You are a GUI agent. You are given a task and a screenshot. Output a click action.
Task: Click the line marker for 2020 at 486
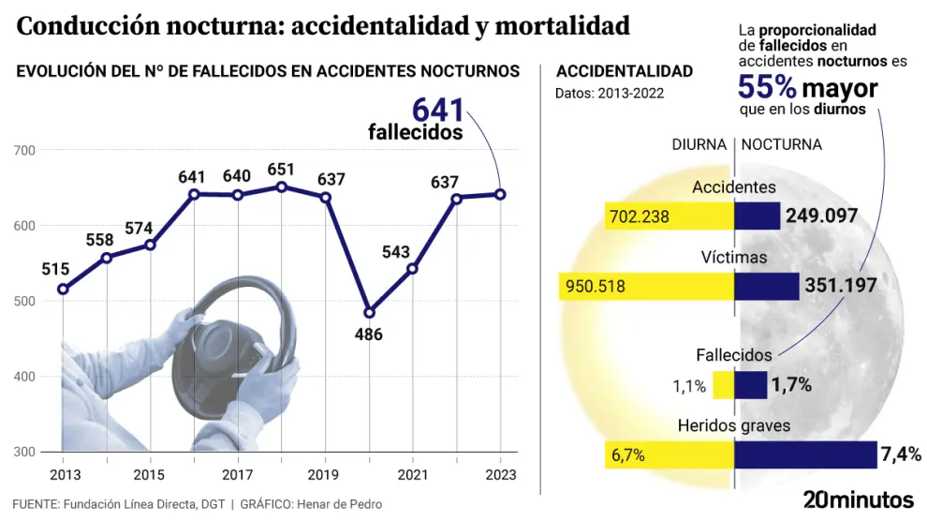pos(369,312)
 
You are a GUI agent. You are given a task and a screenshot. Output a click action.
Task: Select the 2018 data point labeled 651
pos(281,186)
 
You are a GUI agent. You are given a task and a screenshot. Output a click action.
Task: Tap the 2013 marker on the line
pos(63,289)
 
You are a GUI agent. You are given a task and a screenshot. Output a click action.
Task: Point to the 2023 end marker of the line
pos(500,194)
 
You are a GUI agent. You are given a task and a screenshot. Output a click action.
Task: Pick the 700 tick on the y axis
pos(24,150)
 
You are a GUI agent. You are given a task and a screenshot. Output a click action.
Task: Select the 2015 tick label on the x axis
pos(150,475)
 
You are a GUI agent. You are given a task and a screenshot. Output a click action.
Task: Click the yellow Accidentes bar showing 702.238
pos(669,216)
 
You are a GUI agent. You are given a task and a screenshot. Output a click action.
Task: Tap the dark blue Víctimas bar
pos(766,286)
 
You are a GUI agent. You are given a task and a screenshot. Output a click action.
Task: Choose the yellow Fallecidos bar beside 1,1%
pos(723,385)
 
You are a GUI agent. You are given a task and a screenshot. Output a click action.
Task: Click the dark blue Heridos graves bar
pos(805,454)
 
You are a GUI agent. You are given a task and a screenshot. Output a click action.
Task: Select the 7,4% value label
pos(901,455)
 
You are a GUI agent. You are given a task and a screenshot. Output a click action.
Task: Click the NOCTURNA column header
pos(782,145)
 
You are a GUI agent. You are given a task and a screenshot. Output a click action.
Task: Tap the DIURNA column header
pos(699,145)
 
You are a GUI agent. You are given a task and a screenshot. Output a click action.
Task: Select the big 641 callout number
pos(438,110)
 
